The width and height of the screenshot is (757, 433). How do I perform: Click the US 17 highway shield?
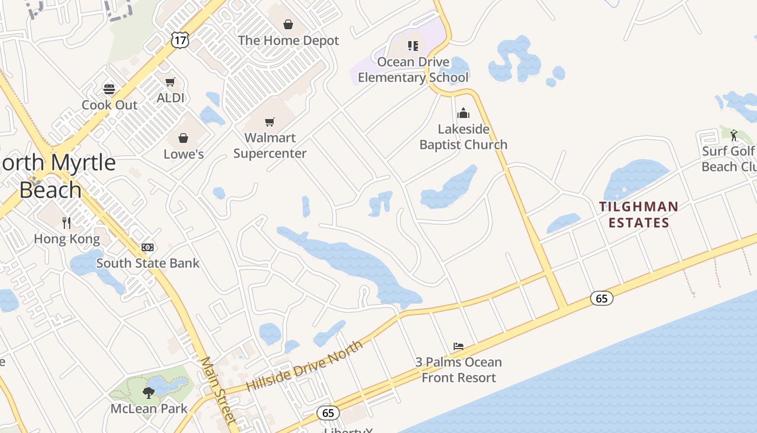[180, 39]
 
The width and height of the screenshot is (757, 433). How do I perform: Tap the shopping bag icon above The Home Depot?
[288, 24]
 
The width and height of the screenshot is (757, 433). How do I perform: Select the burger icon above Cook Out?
[109, 89]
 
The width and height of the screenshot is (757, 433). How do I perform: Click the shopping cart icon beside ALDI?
[170, 82]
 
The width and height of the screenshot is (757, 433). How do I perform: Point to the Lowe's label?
[183, 154]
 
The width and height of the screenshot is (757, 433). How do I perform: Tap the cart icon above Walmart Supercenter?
[270, 122]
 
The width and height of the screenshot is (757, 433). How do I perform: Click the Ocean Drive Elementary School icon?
[413, 46]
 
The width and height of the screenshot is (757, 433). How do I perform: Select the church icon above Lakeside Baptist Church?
[463, 113]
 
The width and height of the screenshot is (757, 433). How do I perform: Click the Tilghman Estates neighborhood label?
[638, 214]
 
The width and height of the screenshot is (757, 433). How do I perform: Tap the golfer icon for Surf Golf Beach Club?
[734, 135]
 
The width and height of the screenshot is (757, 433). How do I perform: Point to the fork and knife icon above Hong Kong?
[67, 222]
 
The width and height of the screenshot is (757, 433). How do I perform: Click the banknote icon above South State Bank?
[148, 247]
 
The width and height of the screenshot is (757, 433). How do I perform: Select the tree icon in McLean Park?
[149, 392]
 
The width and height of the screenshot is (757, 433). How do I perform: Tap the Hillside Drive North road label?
[304, 366]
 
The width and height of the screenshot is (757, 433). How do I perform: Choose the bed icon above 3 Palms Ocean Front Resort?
[459, 346]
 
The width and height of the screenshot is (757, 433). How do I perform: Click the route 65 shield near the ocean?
[602, 298]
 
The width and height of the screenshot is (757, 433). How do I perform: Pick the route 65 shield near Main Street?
[328, 413]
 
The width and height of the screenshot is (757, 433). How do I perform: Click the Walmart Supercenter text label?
[270, 146]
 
